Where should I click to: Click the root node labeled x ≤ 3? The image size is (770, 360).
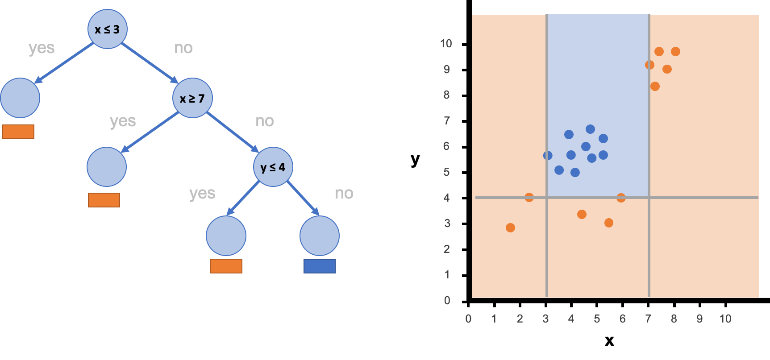(x=108, y=29)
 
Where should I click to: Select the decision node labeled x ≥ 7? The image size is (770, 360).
(x=192, y=98)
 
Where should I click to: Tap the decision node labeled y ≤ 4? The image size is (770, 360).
(x=273, y=167)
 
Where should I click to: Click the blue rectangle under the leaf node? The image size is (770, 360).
(x=320, y=266)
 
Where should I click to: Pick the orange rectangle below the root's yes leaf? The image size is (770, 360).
(x=18, y=132)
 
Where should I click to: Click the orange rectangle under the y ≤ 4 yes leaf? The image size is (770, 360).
(x=226, y=266)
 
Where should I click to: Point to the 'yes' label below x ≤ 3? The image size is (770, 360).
(x=42, y=48)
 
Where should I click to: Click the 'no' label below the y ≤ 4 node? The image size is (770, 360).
(x=344, y=193)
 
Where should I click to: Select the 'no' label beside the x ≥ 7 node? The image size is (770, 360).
(x=265, y=121)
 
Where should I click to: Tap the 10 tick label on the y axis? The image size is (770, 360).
(x=446, y=44)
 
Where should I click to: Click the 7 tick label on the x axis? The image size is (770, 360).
(x=648, y=319)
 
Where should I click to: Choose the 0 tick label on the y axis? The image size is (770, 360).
(x=447, y=301)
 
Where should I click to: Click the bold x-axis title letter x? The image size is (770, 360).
(x=609, y=341)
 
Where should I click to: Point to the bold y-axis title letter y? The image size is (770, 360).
(x=415, y=159)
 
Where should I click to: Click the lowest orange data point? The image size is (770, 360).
(x=511, y=228)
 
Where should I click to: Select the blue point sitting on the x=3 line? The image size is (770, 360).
(x=548, y=156)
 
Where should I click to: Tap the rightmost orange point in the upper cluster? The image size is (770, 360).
(x=675, y=52)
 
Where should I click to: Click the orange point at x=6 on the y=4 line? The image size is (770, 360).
(x=621, y=198)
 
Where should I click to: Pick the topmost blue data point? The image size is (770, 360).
(x=590, y=129)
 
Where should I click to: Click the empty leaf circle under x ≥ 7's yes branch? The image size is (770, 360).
(x=107, y=167)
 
